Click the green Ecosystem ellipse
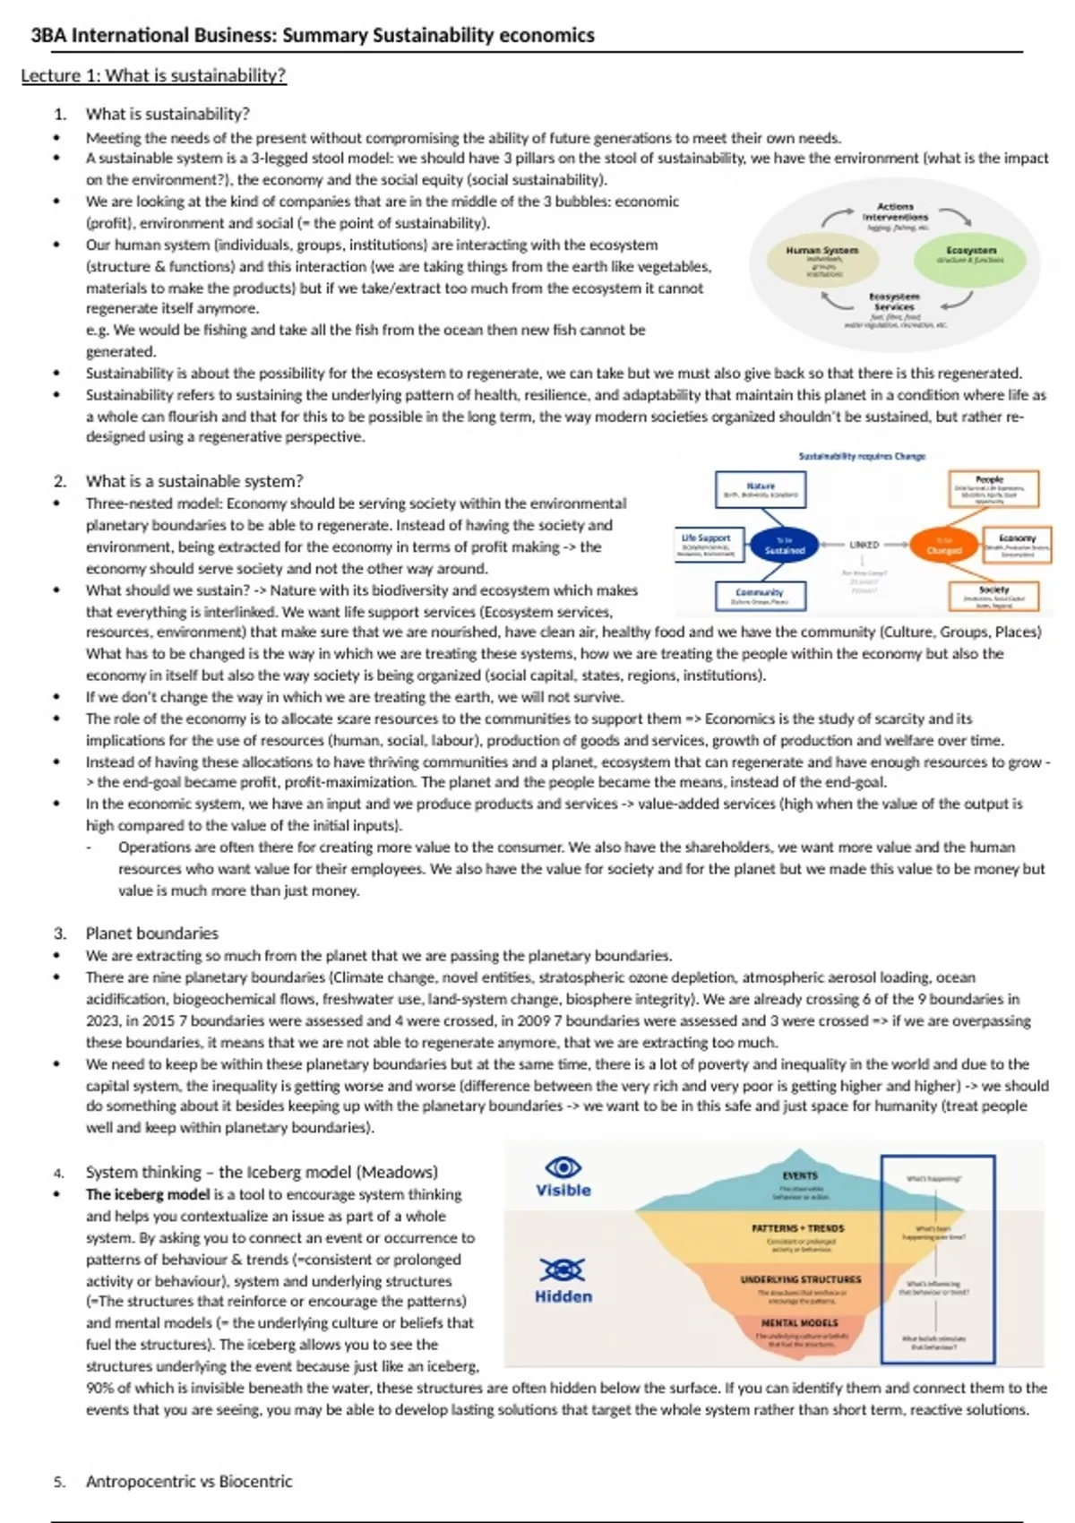coord(971,255)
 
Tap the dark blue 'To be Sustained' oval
coord(784,546)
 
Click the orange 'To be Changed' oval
coord(943,546)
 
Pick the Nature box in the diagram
coord(761,489)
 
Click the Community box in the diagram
coord(760,596)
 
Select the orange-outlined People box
coord(993,489)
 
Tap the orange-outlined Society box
coord(993,596)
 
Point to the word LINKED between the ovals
coord(864,545)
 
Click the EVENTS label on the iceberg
coord(800,1175)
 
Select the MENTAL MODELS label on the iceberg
coord(800,1322)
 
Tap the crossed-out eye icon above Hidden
coord(563,1269)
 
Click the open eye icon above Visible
coord(563,1167)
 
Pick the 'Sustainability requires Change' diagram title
coord(862,456)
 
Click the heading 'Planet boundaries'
coord(151,933)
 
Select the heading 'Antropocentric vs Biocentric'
coord(188,1481)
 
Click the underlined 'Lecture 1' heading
coord(153,75)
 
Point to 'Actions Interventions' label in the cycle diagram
coord(895,211)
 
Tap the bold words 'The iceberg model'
coord(148,1194)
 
